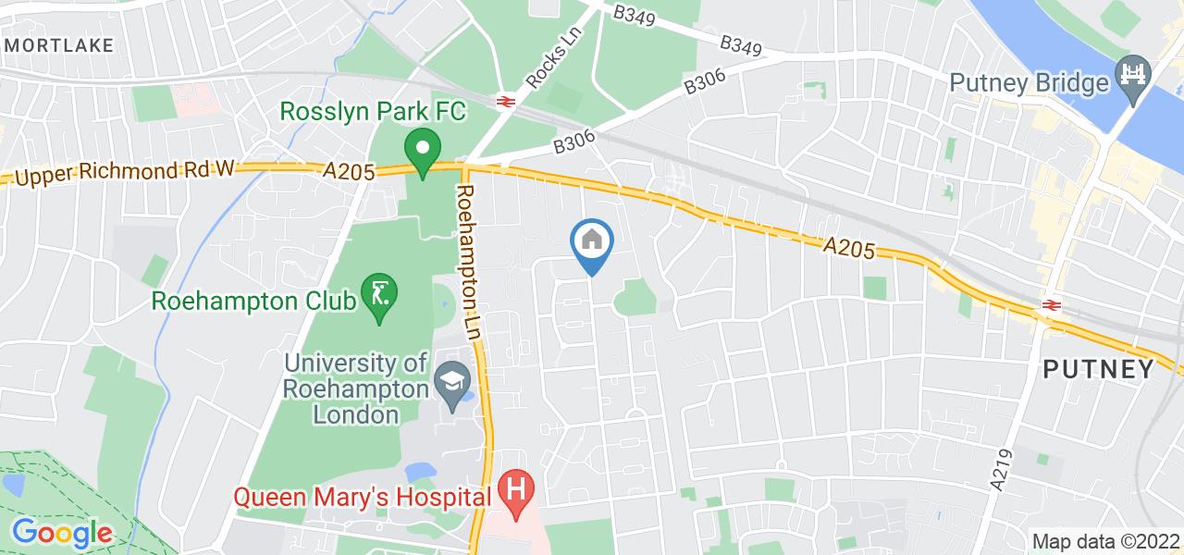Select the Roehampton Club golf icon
(x=379, y=296)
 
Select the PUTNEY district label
(x=1098, y=369)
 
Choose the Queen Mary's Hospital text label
(x=361, y=497)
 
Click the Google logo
(x=61, y=533)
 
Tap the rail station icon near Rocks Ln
(x=505, y=101)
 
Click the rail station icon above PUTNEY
(x=1052, y=304)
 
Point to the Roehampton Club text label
(x=255, y=302)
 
